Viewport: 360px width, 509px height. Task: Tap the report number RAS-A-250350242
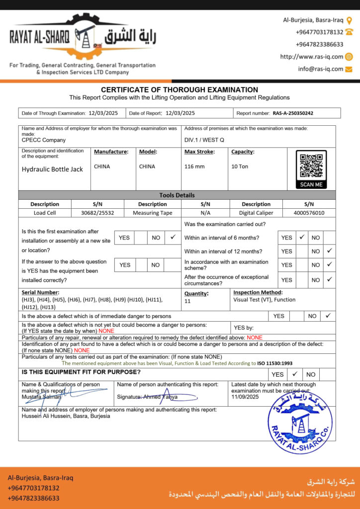click(293, 113)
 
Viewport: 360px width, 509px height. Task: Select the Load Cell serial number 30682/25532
click(97, 213)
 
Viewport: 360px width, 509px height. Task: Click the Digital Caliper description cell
click(256, 213)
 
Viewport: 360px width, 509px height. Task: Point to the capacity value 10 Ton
click(240, 167)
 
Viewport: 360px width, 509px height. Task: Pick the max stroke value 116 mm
click(194, 167)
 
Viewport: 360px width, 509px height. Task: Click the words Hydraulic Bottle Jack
click(52, 169)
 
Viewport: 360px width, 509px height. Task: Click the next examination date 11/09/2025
click(245, 397)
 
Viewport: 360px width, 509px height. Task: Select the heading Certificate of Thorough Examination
click(180, 90)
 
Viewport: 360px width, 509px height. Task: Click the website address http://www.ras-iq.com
click(311, 57)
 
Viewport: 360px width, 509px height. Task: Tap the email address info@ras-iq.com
click(321, 69)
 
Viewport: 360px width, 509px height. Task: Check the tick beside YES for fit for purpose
click(294, 374)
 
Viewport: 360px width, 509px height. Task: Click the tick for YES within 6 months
click(301, 238)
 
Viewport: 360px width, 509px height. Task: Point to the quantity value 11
click(187, 301)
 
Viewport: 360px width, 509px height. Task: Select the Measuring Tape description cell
click(153, 213)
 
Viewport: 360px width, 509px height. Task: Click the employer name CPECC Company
click(44, 140)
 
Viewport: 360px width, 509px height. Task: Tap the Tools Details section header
click(177, 195)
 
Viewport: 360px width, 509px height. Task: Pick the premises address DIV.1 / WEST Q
click(204, 140)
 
